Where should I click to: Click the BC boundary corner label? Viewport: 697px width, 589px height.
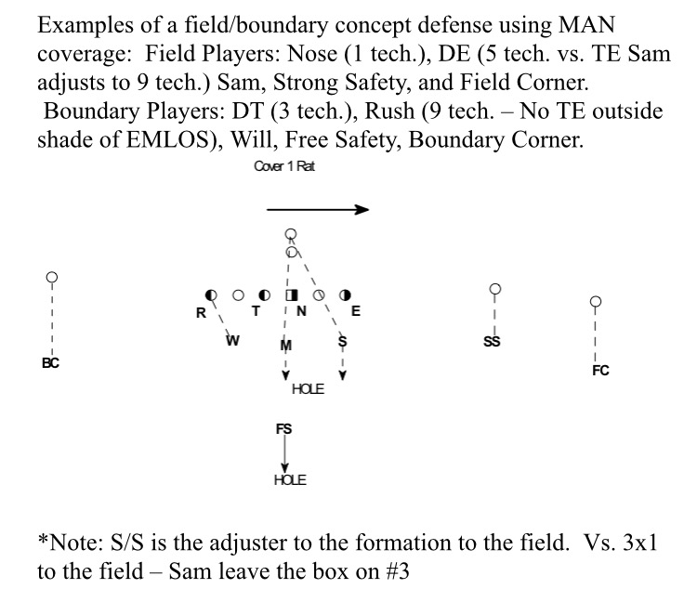[50, 363]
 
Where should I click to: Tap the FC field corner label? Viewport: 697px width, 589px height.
[600, 371]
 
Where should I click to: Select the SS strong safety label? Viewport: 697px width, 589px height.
[492, 341]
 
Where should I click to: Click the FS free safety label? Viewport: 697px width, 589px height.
[284, 429]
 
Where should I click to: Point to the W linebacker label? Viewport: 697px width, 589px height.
[232, 341]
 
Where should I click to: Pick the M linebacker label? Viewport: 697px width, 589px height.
[286, 346]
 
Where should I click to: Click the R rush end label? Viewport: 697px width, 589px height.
[201, 313]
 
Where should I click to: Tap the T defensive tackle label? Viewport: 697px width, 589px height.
[256, 311]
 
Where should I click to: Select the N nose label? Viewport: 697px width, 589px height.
[301, 311]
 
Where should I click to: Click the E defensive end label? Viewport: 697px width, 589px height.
[356, 311]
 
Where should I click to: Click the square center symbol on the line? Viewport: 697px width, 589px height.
[292, 295]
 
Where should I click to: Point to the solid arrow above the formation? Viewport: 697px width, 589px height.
[318, 209]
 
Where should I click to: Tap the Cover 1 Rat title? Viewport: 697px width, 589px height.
[284, 166]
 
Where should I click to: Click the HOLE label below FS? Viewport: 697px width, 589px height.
[290, 480]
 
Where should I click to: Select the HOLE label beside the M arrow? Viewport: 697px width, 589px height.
[308, 389]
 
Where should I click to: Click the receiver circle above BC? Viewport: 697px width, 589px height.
[52, 278]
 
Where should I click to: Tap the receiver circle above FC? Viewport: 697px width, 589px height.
[596, 301]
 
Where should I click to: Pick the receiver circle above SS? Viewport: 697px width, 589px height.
[494, 289]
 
